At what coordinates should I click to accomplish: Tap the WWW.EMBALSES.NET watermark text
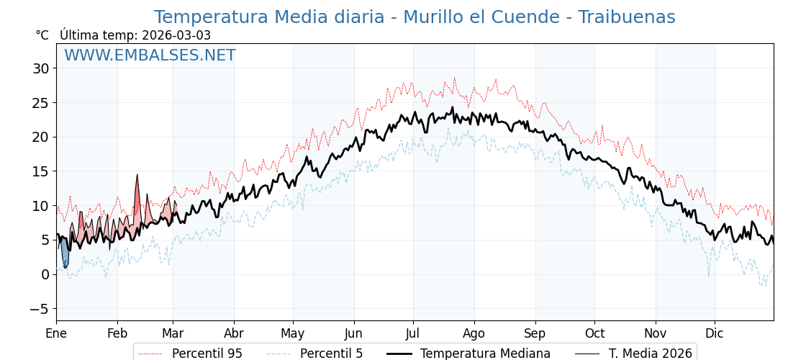coord(150,55)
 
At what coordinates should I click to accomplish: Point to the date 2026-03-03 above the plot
coord(176,35)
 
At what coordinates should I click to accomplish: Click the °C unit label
coord(42,35)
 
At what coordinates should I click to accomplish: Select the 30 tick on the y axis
coord(40,68)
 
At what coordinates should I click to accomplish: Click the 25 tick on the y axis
coord(40,103)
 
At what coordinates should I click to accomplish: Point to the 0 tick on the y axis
coord(45,274)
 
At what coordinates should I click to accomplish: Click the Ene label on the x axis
coord(56,333)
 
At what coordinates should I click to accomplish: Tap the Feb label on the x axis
coord(117,333)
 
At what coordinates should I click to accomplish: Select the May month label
coord(293,333)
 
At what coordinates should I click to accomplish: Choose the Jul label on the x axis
coord(413,333)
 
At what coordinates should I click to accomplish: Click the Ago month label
coord(474,333)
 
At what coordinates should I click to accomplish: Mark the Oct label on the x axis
coord(594,333)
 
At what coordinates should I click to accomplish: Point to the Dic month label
coord(715,333)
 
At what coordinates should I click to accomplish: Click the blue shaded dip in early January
coord(65,256)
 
